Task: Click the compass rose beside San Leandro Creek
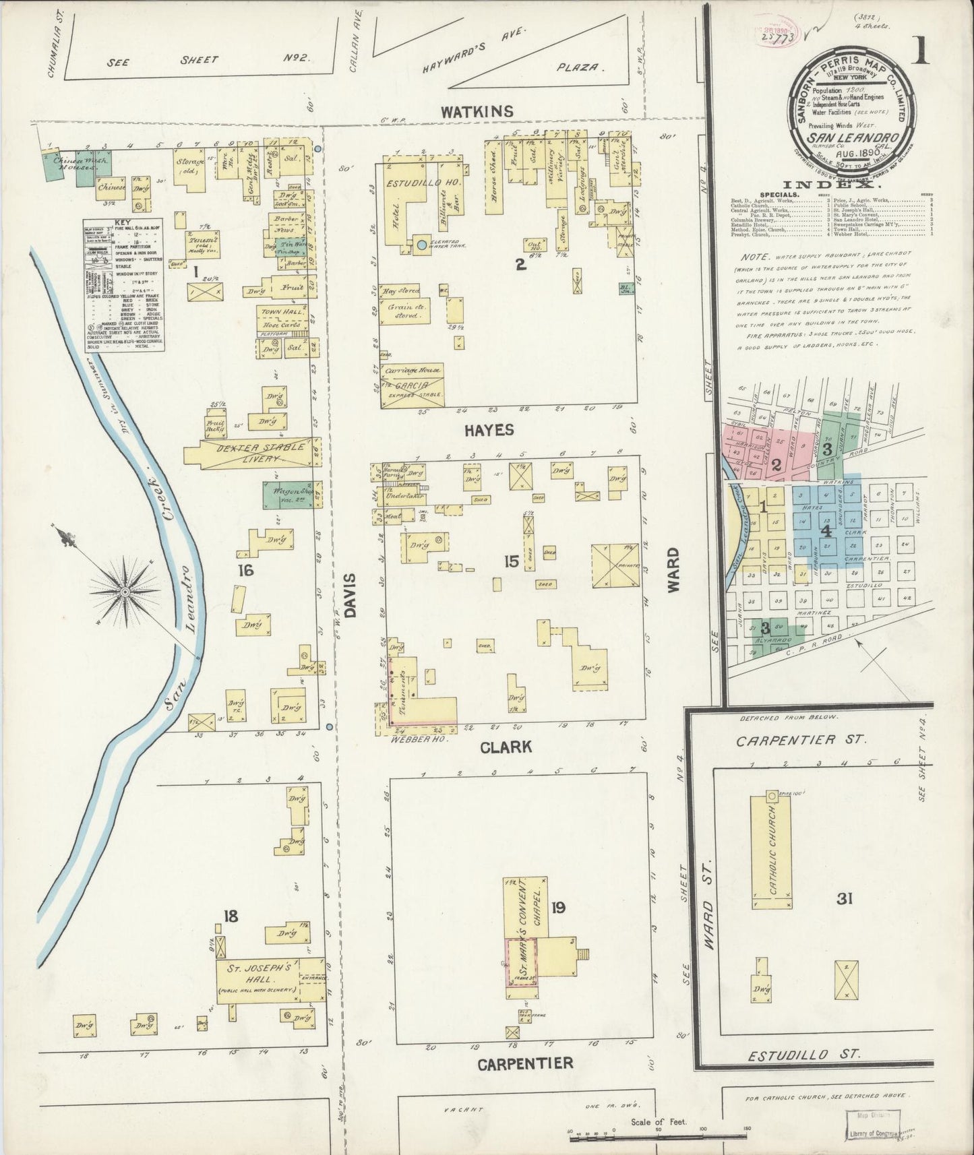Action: tap(125, 591)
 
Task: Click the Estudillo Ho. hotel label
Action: tap(415, 183)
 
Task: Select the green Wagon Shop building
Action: tap(287, 495)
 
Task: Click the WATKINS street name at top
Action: tap(477, 112)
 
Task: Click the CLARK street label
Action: tap(506, 746)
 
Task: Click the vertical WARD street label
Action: tap(673, 570)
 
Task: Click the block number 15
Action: tap(511, 561)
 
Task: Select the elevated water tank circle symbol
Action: tap(423, 245)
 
